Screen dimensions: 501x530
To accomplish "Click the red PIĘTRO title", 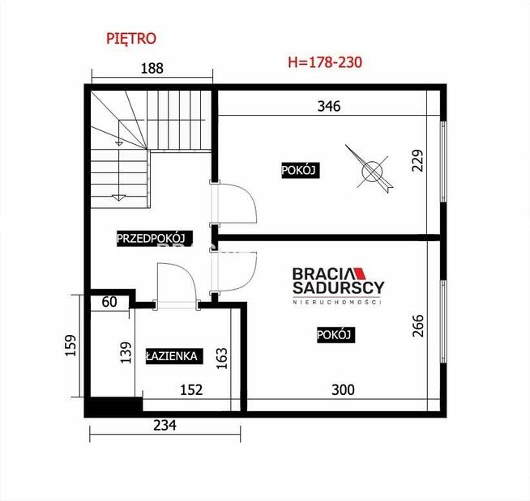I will (x=131, y=37).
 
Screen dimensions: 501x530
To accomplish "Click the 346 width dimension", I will (x=328, y=105).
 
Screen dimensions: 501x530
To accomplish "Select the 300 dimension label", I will (x=343, y=390).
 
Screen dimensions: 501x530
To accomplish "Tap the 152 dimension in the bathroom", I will (x=191, y=390).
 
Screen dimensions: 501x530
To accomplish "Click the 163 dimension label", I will (x=222, y=356).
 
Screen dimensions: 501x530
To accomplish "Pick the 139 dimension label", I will (x=126, y=353).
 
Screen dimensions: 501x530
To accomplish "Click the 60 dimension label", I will (x=109, y=303).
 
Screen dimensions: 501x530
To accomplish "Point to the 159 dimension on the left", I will (x=71, y=346).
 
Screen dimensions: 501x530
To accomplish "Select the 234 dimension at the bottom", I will (x=163, y=423).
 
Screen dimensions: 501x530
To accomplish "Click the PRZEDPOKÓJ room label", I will (x=152, y=238).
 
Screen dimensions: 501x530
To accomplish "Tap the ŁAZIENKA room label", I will (x=173, y=355).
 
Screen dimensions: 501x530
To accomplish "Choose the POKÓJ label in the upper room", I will (x=297, y=170).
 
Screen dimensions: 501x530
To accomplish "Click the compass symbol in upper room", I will (x=371, y=169).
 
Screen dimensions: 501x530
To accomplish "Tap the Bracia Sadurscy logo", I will (x=339, y=284).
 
